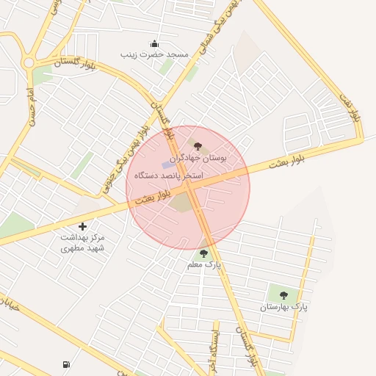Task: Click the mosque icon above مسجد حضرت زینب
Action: (154, 43)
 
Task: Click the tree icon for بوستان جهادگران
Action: (197, 147)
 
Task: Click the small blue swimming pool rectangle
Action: (168, 164)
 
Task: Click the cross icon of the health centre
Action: (82, 227)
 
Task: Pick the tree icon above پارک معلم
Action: (203, 253)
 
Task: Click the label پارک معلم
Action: (203, 264)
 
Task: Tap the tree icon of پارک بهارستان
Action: (283, 295)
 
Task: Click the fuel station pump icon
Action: (68, 364)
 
